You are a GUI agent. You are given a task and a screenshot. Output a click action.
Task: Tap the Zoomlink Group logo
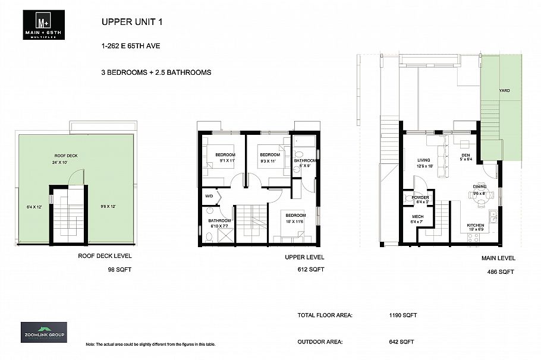click(44, 331)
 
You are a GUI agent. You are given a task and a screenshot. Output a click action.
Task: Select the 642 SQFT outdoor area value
click(400, 342)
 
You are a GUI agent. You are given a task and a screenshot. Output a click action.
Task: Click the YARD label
click(504, 90)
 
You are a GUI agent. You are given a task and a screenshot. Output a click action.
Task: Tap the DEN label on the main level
click(465, 141)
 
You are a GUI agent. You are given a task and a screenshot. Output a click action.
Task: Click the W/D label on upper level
click(209, 196)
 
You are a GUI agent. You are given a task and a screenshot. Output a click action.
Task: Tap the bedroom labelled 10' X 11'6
click(295, 218)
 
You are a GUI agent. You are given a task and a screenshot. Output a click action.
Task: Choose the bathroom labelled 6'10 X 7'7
click(220, 223)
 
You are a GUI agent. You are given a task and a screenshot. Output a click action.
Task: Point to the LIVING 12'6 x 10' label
click(424, 163)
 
